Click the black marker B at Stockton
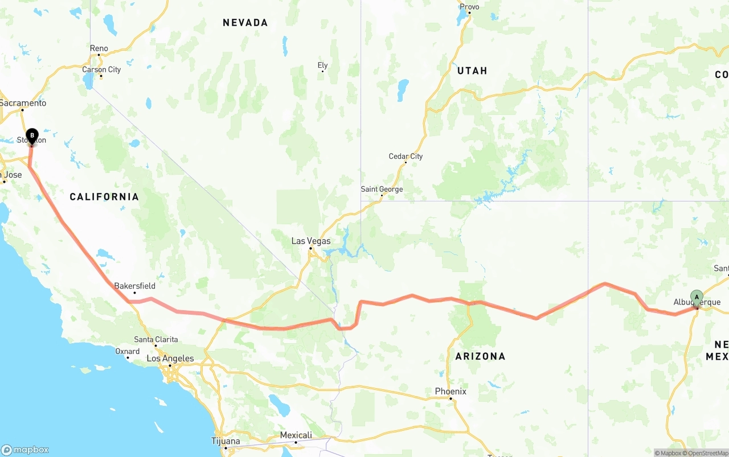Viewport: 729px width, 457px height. [x=32, y=136]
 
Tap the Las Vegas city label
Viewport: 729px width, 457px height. [x=310, y=241]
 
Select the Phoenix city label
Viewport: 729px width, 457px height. [x=450, y=391]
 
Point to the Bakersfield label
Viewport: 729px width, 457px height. [x=134, y=286]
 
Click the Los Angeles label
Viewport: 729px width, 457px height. [x=170, y=359]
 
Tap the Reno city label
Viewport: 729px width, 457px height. [x=99, y=48]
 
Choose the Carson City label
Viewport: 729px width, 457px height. [x=101, y=69]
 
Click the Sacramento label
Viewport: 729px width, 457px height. [x=23, y=103]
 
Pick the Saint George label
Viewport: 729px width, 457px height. [x=382, y=189]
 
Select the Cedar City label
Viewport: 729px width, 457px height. [x=406, y=156]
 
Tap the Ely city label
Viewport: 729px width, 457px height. [x=322, y=65]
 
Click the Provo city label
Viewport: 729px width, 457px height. [x=469, y=7]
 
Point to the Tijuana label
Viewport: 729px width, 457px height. [x=226, y=441]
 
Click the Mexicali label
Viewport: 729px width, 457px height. [x=296, y=435]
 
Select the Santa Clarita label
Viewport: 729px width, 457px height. [x=155, y=339]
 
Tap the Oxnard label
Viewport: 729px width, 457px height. [x=128, y=351]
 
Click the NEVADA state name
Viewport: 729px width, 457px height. [x=245, y=23]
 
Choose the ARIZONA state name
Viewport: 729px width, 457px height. [x=480, y=356]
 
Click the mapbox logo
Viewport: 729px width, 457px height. [x=25, y=450]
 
